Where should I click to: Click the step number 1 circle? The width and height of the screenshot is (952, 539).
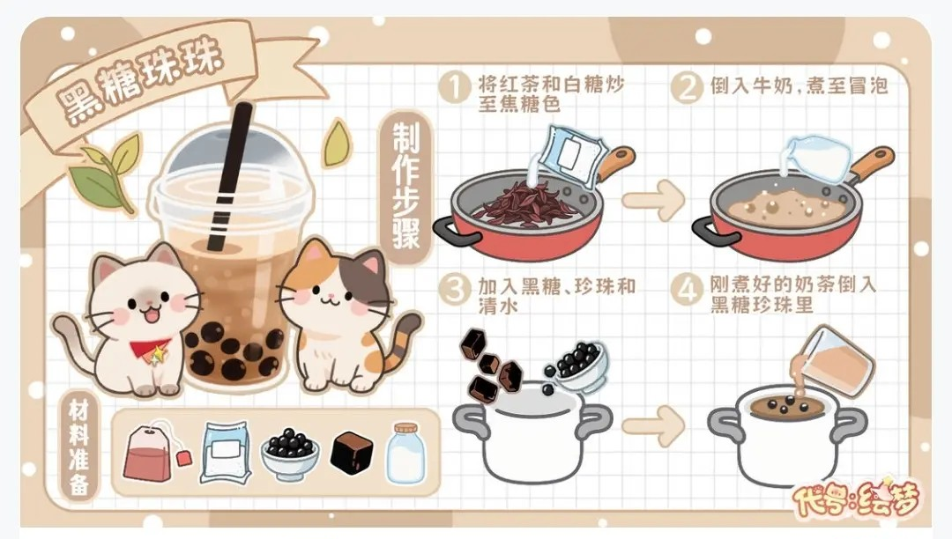455,88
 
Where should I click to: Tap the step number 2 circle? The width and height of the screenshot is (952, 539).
687,88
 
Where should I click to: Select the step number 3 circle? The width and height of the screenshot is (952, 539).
455,290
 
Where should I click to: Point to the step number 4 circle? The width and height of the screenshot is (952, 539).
687,290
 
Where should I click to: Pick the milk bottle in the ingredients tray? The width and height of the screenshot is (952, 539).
405,453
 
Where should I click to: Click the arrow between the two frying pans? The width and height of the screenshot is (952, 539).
652,200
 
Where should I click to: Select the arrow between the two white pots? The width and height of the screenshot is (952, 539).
652,429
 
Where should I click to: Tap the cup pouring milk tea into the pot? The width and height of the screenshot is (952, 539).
837,361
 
